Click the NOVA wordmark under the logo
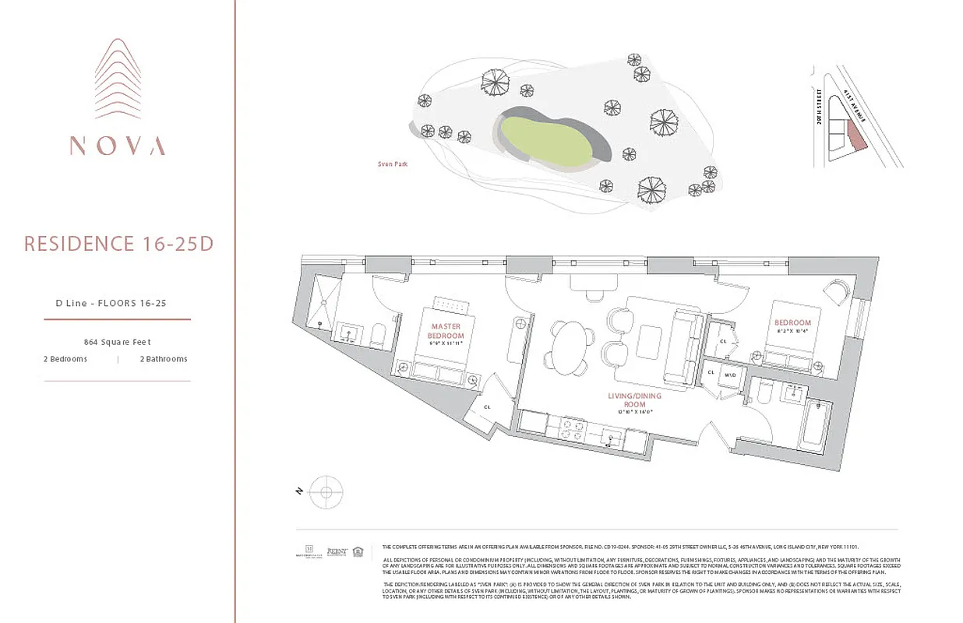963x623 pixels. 118,146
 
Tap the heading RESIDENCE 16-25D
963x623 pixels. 118,244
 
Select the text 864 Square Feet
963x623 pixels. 117,342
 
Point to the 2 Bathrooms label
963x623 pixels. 164,359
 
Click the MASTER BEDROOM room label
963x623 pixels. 445,331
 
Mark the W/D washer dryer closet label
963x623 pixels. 730,374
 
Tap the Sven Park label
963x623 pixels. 392,164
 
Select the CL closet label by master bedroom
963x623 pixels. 487,406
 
